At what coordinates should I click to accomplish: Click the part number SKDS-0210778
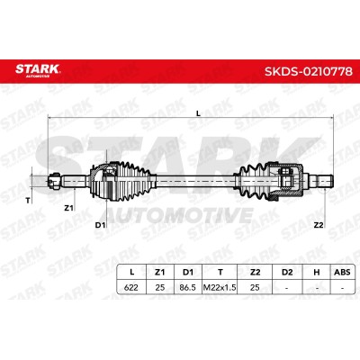pyautogui.click(x=309, y=71)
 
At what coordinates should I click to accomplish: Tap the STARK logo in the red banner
pyautogui.click(x=38, y=70)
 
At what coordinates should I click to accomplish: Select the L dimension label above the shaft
pyautogui.click(x=198, y=113)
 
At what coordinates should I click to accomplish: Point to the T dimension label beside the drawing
pyautogui.click(x=28, y=201)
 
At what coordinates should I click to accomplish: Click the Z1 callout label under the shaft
pyautogui.click(x=68, y=207)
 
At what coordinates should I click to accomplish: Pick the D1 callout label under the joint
pyautogui.click(x=100, y=225)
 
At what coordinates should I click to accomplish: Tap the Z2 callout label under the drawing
pyautogui.click(x=319, y=225)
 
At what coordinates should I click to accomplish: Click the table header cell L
pyautogui.click(x=131, y=272)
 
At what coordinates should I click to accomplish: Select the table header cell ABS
pyautogui.click(x=342, y=272)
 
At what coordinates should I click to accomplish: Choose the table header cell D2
pyautogui.click(x=287, y=272)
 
